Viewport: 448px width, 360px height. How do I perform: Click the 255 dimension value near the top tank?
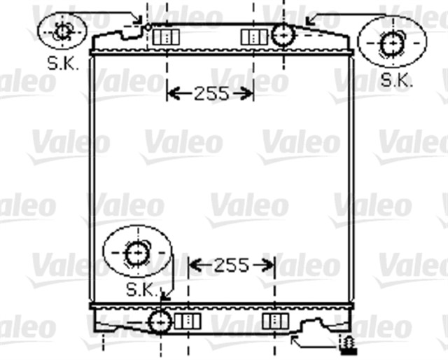[210, 92]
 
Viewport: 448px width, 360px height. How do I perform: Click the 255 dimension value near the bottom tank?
[232, 265]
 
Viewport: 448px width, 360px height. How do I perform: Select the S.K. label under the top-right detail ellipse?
[397, 80]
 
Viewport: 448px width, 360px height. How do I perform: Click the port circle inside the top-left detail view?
[63, 31]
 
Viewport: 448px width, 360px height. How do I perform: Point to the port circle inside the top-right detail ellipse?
[390, 43]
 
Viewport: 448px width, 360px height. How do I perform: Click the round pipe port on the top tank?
[283, 34]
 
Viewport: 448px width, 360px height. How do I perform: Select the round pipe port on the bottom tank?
[160, 321]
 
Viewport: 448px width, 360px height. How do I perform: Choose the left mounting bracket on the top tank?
[162, 37]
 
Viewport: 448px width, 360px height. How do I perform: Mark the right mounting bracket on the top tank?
[250, 37]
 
